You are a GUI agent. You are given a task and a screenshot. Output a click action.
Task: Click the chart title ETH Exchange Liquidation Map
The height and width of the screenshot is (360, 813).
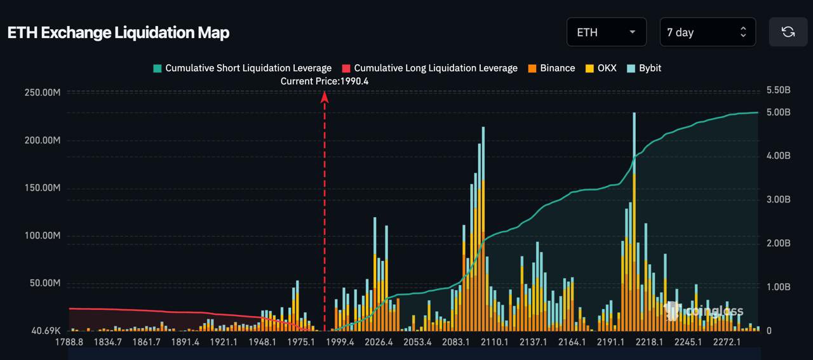point(118,33)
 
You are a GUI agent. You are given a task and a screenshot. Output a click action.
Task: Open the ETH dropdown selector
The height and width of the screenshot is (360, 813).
point(606,32)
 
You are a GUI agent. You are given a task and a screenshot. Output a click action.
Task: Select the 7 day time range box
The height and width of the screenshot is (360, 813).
point(708,32)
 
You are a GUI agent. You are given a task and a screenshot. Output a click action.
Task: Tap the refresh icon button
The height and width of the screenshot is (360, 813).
point(788,32)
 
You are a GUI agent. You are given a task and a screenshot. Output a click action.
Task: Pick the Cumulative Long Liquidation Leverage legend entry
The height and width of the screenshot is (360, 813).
point(429,68)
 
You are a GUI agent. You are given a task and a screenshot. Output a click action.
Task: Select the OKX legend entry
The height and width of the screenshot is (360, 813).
point(601,68)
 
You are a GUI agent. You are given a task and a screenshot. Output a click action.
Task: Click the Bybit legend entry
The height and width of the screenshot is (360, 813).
point(644,68)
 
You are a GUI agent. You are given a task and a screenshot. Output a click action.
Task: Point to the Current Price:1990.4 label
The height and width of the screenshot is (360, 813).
point(325,81)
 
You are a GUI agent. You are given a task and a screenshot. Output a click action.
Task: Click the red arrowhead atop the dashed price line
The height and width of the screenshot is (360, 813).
point(325,97)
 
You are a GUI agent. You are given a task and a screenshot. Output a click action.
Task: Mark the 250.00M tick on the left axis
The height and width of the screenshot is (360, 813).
point(43,93)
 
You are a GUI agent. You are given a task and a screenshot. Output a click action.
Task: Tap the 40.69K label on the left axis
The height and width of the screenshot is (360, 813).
point(46,331)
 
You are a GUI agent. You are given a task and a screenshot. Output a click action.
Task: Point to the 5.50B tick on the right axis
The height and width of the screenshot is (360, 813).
point(778,90)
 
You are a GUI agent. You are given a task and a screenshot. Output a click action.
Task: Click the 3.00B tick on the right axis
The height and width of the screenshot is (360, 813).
point(778,199)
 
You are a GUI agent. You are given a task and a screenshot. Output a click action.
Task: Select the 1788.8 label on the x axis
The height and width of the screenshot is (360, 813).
point(69,342)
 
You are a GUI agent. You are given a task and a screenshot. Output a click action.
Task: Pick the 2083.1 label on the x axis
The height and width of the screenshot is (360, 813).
point(456,342)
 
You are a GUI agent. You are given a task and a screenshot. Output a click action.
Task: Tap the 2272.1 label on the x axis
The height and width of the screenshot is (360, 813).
point(727,342)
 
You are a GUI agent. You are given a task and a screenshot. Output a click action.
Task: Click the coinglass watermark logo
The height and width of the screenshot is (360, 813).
point(704,311)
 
